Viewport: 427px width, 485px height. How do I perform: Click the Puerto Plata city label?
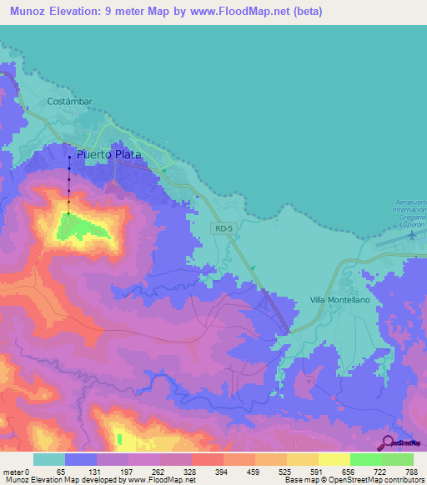(109, 155)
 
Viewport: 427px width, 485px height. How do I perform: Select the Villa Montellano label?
(339, 299)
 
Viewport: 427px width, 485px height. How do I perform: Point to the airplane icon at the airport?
(411, 235)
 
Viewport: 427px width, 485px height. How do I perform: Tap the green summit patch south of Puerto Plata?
(88, 226)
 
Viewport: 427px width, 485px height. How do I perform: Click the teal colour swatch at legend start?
(49, 459)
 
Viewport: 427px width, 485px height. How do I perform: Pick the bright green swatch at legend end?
(397, 459)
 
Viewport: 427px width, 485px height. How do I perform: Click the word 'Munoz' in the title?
(24, 12)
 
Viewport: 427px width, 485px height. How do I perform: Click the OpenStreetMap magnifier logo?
(386, 442)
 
